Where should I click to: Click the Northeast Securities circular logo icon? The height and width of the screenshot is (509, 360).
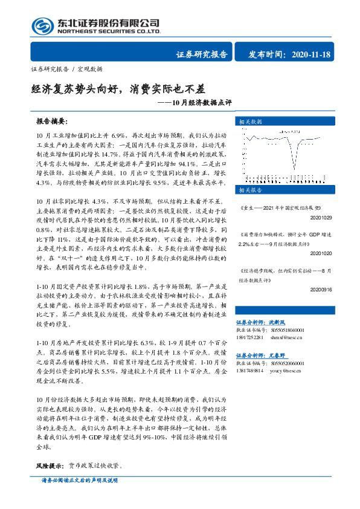pos(42,25)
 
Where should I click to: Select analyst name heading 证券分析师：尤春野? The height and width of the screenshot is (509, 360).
pos(268,356)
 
